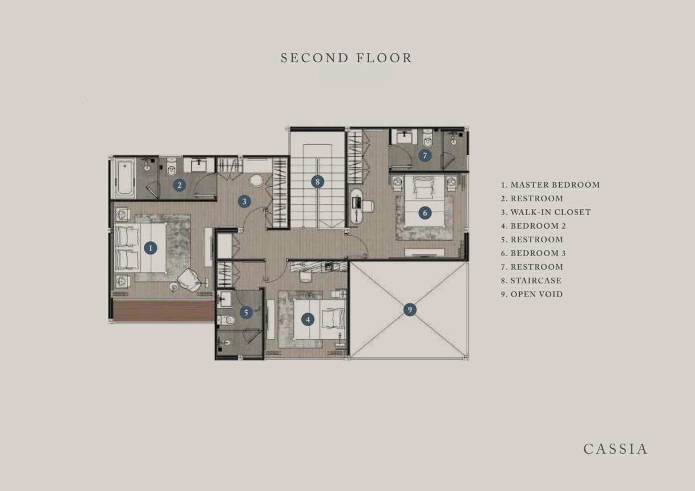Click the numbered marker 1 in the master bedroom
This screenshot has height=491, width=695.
[151, 248]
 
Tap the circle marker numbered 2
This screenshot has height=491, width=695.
[179, 185]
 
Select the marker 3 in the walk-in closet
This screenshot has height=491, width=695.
[244, 202]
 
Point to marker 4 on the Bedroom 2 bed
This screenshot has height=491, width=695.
[308, 319]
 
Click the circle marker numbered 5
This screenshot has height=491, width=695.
[246, 313]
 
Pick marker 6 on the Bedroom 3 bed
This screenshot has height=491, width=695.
[425, 213]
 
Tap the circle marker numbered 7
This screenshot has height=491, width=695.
[425, 155]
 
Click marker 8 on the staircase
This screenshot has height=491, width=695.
[317, 182]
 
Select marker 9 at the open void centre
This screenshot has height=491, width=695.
[410, 310]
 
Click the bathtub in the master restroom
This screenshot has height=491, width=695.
[124, 178]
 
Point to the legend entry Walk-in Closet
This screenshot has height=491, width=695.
[546, 212]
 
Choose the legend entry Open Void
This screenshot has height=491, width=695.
[532, 294]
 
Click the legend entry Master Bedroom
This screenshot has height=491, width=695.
[550, 185]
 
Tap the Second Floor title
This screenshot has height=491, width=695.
[346, 58]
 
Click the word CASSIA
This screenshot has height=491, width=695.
[616, 449]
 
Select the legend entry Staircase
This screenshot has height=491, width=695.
[531, 281]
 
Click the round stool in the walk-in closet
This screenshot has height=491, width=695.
[256, 181]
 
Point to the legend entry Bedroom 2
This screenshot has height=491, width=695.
[534, 226]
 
